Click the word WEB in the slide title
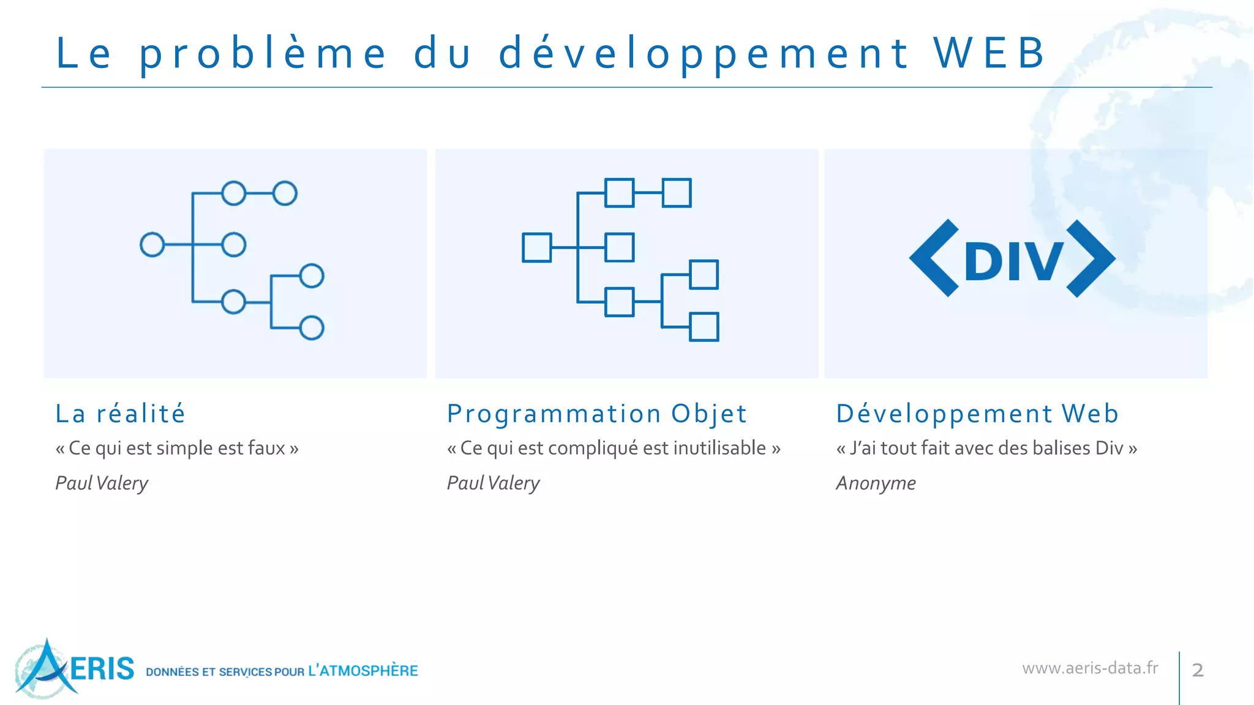pyautogui.click(x=989, y=53)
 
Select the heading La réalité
pyautogui.click(x=120, y=414)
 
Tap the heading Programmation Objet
pyautogui.click(x=597, y=414)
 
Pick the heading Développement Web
pyautogui.click(x=977, y=414)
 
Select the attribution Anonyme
pyautogui.click(x=876, y=483)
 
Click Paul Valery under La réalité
pyautogui.click(x=102, y=483)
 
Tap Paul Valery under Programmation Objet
pyautogui.click(x=493, y=483)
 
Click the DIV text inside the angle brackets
pyautogui.click(x=1013, y=261)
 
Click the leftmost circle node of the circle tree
pyautogui.click(x=152, y=245)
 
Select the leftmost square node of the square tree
pyautogui.click(x=536, y=247)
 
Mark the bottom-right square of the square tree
pyautogui.click(x=704, y=327)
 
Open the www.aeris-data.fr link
pyautogui.click(x=1090, y=668)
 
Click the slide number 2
pyautogui.click(x=1198, y=670)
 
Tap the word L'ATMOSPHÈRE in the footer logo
pyautogui.click(x=363, y=671)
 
